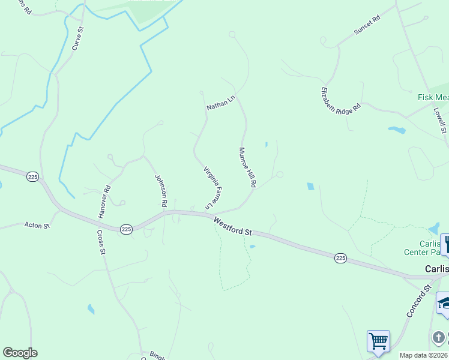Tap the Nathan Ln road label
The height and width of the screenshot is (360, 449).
pos(220,103)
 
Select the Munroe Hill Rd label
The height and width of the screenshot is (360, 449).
pos(247,167)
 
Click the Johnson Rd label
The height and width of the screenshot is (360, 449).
pos(160,190)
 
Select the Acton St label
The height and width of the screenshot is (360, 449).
pos(36,225)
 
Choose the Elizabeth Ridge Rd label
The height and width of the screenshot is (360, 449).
pos(340,100)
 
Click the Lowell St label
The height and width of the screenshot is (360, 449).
pos(439,121)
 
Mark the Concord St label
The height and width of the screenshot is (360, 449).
pos(418,301)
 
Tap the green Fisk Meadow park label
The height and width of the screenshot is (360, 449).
pos(433,97)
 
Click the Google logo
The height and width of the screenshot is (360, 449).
pos(20,353)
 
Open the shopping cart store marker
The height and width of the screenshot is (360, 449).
pos(378,341)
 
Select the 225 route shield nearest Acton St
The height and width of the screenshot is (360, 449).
pos(125,229)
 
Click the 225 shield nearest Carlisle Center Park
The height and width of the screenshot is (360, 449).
pos(340,258)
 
